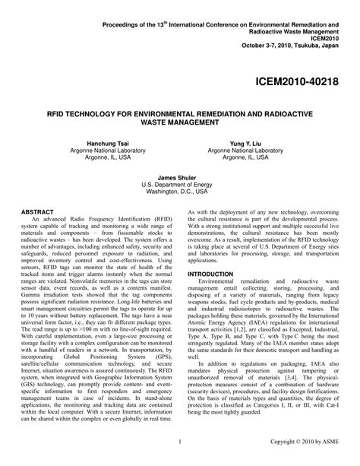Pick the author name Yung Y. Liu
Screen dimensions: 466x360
257,144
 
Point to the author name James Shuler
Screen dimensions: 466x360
179,176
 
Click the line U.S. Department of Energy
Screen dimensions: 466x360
179,184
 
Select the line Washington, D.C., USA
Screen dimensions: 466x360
179,192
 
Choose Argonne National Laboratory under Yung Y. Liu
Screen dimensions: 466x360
257,151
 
